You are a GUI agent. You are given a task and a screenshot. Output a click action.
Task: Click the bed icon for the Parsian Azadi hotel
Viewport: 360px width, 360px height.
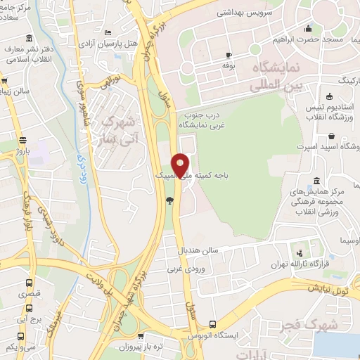point(107,32)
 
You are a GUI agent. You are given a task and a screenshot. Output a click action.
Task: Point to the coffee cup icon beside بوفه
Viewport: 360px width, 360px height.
point(229,55)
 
